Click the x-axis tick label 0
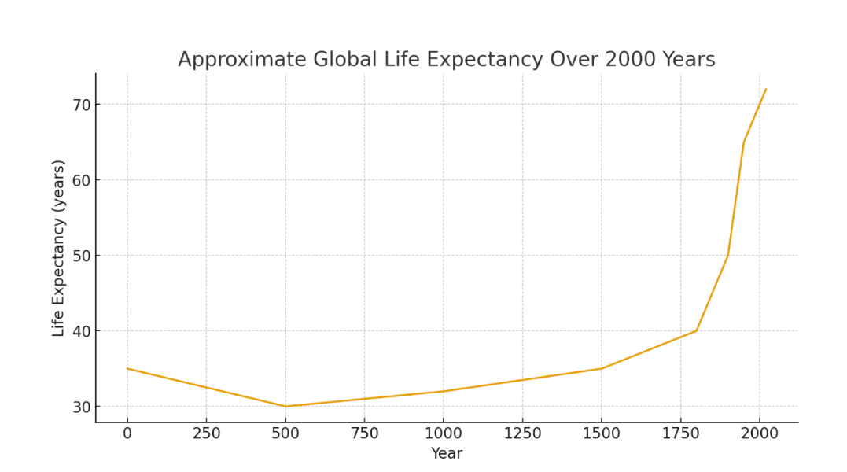(x=127, y=433)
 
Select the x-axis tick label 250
(x=206, y=433)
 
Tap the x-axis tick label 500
(x=285, y=433)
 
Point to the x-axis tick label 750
(x=364, y=433)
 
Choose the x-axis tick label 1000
(x=444, y=433)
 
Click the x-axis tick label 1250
(x=522, y=433)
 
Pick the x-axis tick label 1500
(x=602, y=433)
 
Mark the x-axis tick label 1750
(x=680, y=433)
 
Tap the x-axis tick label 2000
(x=760, y=433)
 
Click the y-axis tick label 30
(x=82, y=407)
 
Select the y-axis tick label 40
(x=82, y=331)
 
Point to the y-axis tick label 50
(x=82, y=256)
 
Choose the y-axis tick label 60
(x=82, y=180)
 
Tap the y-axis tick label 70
(x=82, y=105)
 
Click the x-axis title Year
(x=447, y=454)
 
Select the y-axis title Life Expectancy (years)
(x=59, y=248)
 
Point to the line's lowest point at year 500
(x=285, y=407)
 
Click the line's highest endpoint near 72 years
(x=766, y=89)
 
